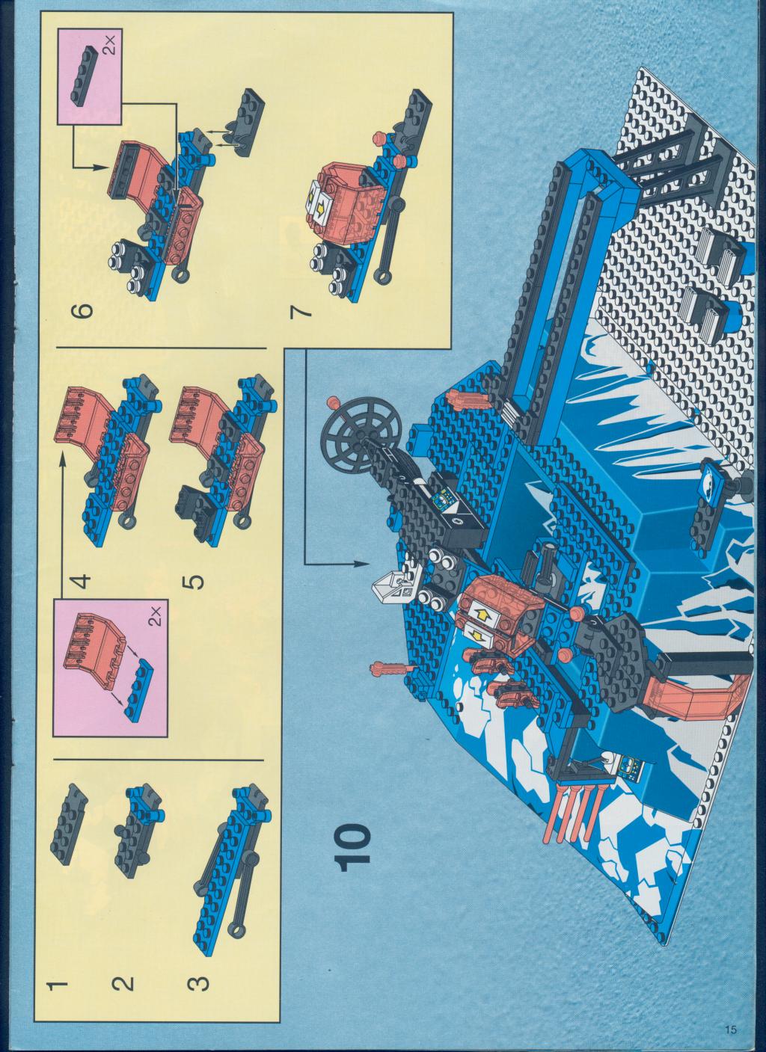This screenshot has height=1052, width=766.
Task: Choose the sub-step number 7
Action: click(300, 311)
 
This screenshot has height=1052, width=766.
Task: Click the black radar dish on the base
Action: click(361, 432)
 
